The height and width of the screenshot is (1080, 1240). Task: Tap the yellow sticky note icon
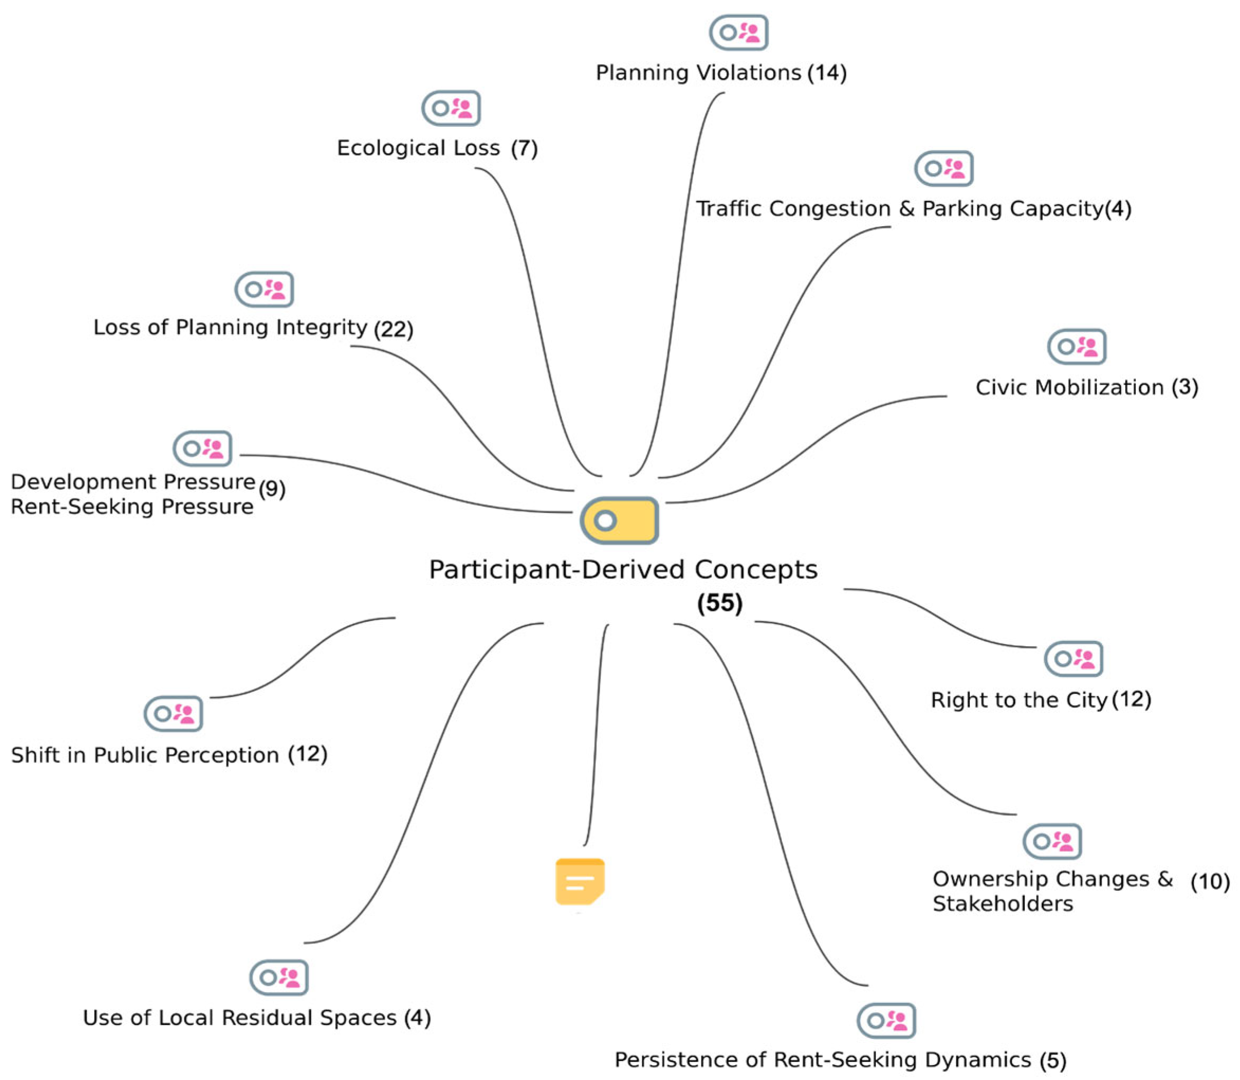tap(579, 881)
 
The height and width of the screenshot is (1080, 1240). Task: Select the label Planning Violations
tap(698, 73)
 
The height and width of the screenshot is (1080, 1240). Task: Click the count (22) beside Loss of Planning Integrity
tap(394, 329)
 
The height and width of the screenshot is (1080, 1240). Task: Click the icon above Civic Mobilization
tap(1076, 347)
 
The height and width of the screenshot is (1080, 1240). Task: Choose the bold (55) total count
tap(720, 603)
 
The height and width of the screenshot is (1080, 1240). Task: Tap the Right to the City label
tap(1019, 700)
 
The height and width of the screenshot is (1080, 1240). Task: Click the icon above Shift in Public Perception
tap(173, 713)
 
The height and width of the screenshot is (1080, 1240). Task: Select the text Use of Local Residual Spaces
tap(239, 1017)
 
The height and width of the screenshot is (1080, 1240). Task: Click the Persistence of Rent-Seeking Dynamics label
tap(822, 1059)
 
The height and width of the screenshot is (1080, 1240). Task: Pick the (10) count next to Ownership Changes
tap(1210, 882)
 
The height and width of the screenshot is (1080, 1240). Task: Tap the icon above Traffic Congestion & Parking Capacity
tap(943, 168)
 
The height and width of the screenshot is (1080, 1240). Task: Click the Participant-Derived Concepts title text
tap(623, 570)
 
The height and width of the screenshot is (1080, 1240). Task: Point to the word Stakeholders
tap(1003, 904)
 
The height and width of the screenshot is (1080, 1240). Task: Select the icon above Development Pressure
tap(202, 449)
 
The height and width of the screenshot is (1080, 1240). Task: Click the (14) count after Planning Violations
tap(827, 73)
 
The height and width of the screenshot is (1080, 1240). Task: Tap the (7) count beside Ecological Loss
tap(524, 148)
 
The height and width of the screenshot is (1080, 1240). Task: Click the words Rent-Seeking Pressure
tap(132, 507)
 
